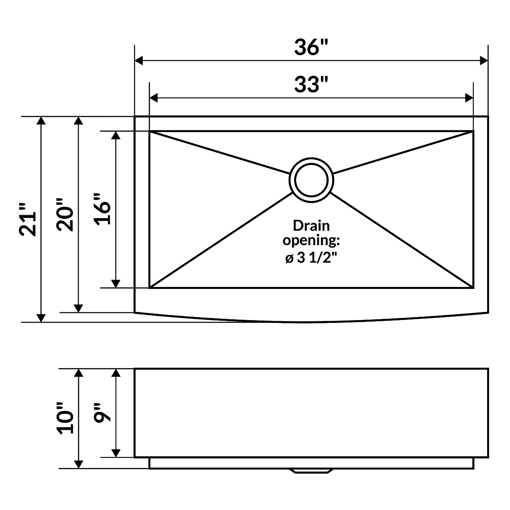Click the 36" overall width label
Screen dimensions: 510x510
(311, 47)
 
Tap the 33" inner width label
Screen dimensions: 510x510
(311, 84)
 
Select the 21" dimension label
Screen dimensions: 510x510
(28, 219)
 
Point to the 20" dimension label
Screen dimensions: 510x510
(65, 215)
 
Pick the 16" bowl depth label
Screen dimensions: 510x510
(102, 209)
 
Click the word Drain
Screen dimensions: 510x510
(311, 226)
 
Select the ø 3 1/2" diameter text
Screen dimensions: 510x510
(311, 258)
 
